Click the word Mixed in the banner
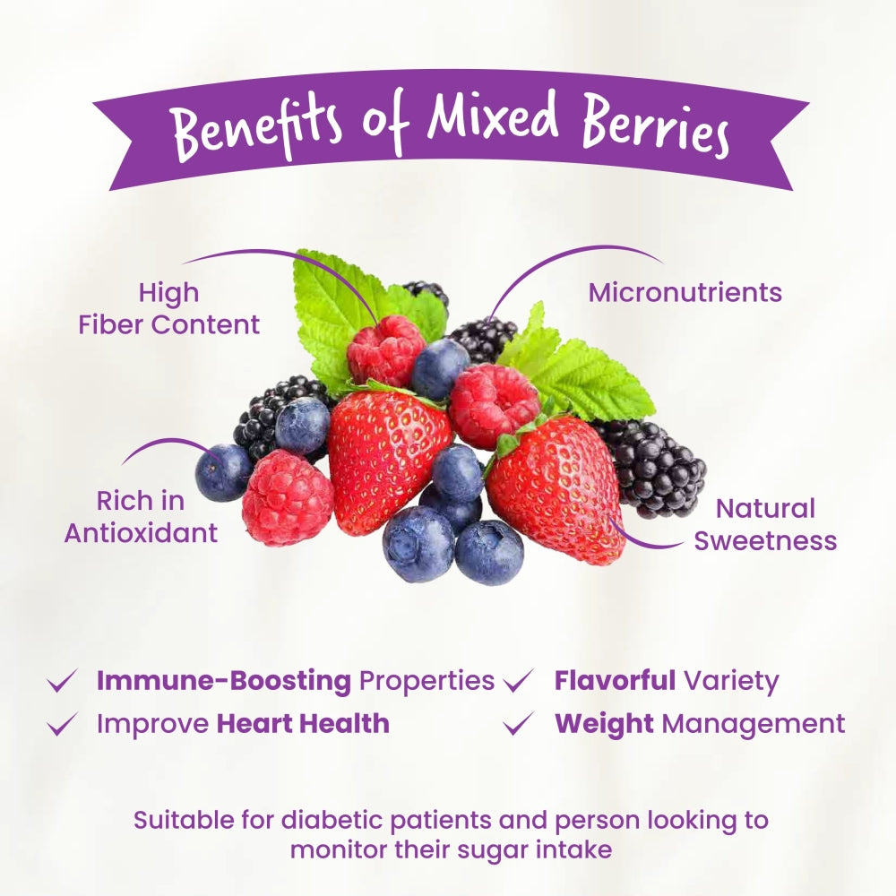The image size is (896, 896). click(493, 118)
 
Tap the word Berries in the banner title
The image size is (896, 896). click(655, 127)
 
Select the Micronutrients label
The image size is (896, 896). click(685, 293)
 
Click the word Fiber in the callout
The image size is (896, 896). click(111, 324)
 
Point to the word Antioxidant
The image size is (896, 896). click(142, 533)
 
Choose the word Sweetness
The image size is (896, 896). click(766, 540)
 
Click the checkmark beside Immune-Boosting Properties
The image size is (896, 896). click(62, 681)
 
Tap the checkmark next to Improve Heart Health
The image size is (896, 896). click(62, 723)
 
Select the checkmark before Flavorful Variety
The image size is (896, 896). click(519, 681)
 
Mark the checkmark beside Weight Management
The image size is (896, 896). click(519, 723)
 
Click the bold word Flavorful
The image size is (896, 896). click(615, 680)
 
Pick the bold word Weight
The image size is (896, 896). click(604, 725)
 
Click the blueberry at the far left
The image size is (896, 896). click(223, 472)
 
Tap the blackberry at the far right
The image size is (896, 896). click(656, 468)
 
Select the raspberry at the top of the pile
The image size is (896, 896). click(385, 350)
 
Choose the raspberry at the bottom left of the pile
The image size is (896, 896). click(288, 497)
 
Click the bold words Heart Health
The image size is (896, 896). click(304, 723)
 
